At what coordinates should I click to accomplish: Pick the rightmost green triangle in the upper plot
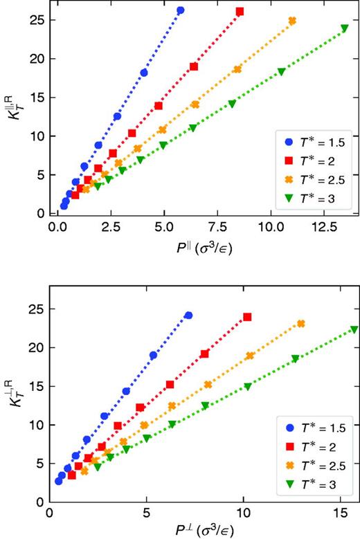pos(344,28)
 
